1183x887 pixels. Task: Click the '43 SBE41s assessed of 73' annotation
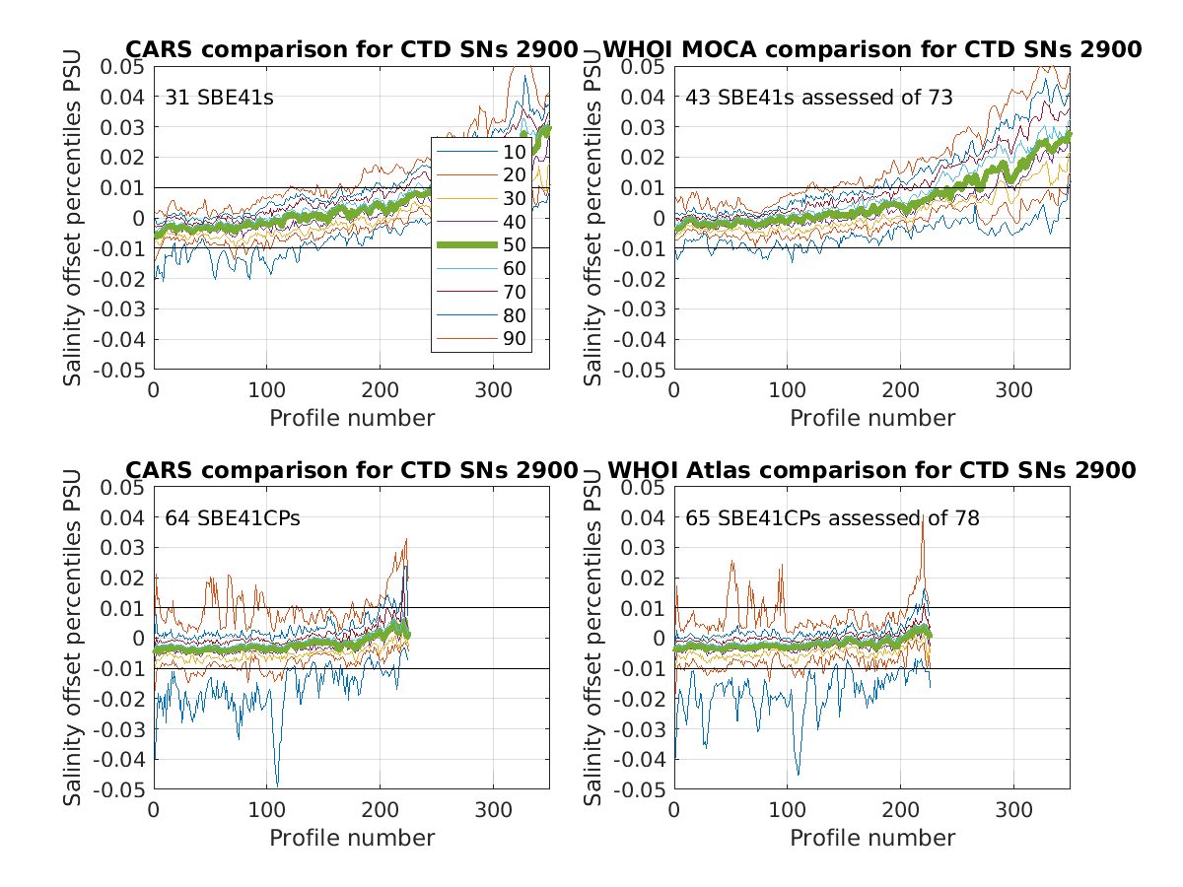819,98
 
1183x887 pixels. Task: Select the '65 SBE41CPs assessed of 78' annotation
833,518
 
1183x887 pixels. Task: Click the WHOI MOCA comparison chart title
871,49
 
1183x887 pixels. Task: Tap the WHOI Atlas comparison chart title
871,470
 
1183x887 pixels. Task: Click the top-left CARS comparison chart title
351,49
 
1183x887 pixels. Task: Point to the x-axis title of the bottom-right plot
872,838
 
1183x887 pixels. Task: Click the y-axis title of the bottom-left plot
73,638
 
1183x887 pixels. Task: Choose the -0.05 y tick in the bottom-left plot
120,789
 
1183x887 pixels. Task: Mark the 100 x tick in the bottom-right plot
787,809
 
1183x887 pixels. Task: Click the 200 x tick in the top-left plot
380,388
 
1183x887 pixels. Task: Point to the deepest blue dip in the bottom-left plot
277,784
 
